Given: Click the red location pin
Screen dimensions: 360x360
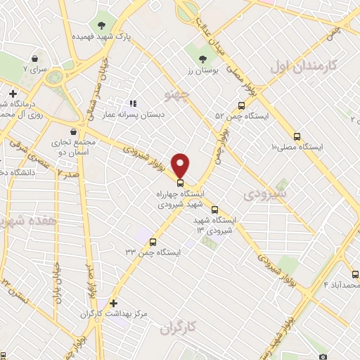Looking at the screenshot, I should click(181, 165).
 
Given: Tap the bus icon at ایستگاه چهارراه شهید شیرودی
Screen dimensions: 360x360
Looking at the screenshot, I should click(181, 182).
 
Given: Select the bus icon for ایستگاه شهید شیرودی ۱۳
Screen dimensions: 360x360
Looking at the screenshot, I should click(215, 209).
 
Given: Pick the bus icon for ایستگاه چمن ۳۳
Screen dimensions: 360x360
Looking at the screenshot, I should click(153, 243).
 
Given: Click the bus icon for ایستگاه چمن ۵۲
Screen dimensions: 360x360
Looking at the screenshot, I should click(241, 105).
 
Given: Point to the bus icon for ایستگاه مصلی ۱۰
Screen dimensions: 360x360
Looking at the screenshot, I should click(297, 136).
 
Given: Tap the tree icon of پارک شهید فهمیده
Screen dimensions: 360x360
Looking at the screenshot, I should click(102, 25).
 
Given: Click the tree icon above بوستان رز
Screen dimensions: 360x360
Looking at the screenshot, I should click(203, 59).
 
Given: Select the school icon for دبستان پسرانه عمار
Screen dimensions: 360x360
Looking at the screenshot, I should click(133, 103).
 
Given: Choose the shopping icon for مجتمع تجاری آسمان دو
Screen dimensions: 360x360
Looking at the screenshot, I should click(74, 131).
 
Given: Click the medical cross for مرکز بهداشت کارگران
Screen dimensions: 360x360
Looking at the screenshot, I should click(113, 303).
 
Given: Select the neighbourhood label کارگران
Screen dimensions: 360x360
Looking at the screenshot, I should click(176, 327).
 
